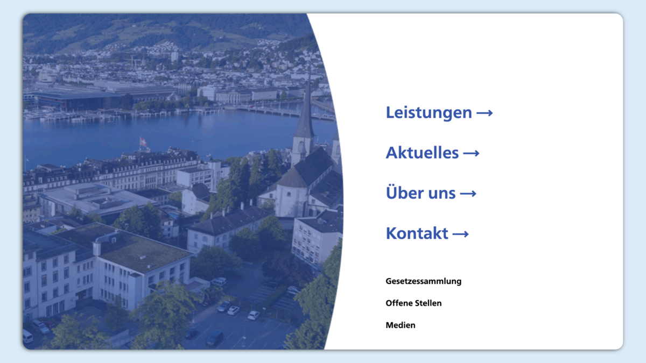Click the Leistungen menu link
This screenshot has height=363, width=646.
[x=439, y=112]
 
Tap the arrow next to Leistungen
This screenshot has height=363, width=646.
[x=484, y=113]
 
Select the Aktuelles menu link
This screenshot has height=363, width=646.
[x=433, y=153]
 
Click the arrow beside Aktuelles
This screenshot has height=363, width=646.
[x=471, y=153]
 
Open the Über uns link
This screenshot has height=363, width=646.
[x=431, y=193]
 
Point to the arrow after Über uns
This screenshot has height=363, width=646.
[x=468, y=194]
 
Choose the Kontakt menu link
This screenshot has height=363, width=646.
[x=427, y=233]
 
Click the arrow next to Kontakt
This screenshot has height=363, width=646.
[x=461, y=234]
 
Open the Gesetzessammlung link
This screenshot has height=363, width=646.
[x=423, y=281]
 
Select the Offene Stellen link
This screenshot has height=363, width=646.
[x=413, y=303]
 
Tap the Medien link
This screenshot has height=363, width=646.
[x=401, y=325]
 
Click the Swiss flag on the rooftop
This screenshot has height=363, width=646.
[x=143, y=142]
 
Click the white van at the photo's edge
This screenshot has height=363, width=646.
[x=27, y=336]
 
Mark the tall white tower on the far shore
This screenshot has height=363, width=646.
[x=174, y=57]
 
